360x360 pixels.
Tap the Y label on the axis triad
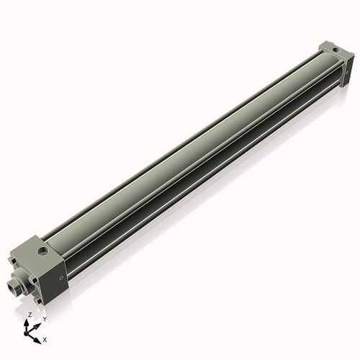pos(45,318)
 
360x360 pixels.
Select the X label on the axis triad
pos(45,338)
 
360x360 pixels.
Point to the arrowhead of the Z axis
pos(29,323)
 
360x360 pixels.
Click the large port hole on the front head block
pos(45,253)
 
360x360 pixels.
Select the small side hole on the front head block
pos(63,274)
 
